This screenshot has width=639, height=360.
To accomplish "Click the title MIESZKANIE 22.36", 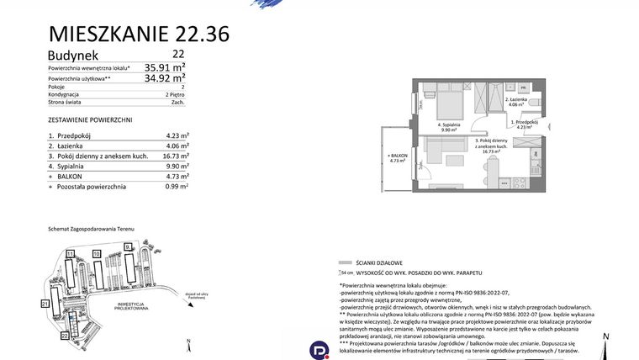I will click(139, 34).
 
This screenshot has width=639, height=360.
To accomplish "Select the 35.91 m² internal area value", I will click(165, 66).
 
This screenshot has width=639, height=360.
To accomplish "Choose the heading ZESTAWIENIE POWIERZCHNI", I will click(90, 120).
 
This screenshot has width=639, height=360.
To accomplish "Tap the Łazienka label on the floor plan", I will click(516, 100).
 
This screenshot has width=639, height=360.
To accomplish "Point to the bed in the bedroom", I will click(448, 107).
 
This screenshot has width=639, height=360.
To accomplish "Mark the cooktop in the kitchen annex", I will click(520, 182).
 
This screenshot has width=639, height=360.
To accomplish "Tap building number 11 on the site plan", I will click(71, 253).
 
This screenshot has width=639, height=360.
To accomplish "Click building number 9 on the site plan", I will click(128, 246).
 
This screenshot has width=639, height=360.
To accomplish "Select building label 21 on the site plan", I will click(45, 302).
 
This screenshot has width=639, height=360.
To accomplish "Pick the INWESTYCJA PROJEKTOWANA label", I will click(133, 306).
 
